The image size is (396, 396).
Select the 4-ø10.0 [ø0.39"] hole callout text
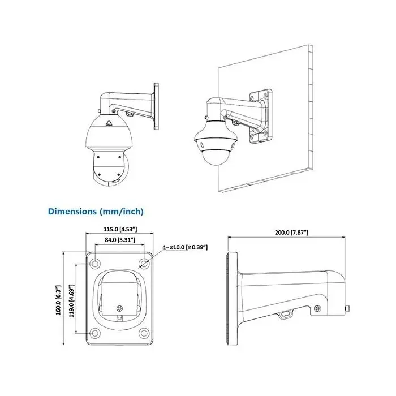[x=185, y=247]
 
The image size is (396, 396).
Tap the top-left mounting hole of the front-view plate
[x=95, y=263]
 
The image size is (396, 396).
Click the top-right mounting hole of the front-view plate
[x=144, y=263]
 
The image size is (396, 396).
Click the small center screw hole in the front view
[x=119, y=308]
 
